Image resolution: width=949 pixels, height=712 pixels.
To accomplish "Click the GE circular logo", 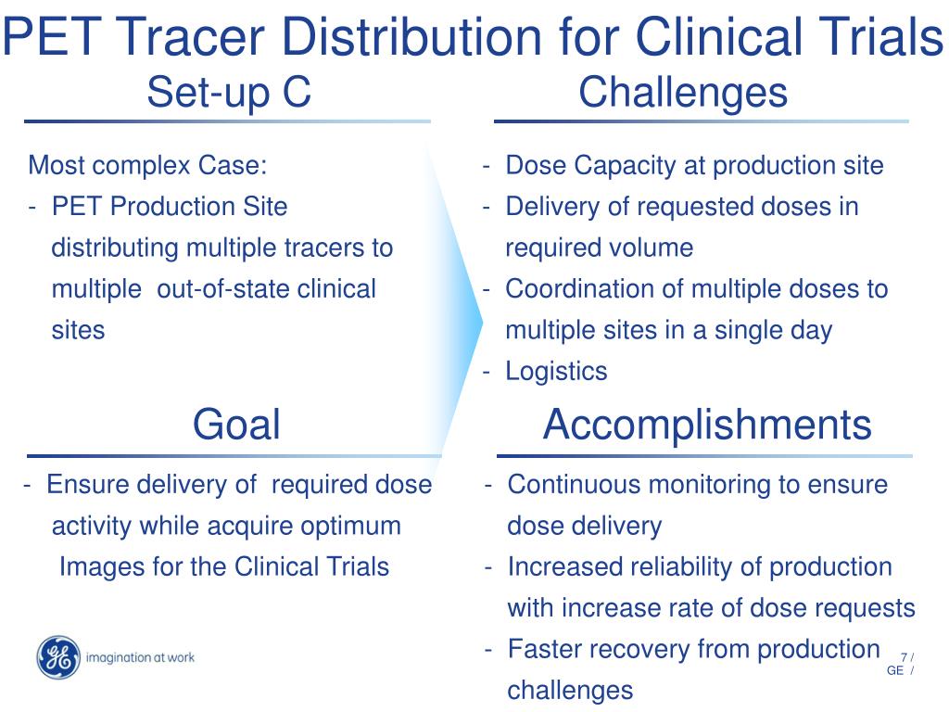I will coord(58,658).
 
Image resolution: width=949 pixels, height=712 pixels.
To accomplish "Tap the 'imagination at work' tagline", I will coord(139,658).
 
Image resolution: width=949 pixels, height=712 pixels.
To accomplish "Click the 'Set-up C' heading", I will coord(229,93).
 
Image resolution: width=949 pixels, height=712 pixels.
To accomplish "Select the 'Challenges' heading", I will coord(683,93).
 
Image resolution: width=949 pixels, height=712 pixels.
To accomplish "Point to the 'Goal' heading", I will coord(236,425).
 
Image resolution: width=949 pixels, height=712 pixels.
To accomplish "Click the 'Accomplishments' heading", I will coord(706,425).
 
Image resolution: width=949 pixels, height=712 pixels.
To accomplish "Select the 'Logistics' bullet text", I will coord(556,372).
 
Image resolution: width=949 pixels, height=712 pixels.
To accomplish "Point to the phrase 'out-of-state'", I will coord(223,289).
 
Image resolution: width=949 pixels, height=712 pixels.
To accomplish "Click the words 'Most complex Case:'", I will coord(147,166).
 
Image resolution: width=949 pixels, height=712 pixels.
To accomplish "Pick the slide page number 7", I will coord(903,657).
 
